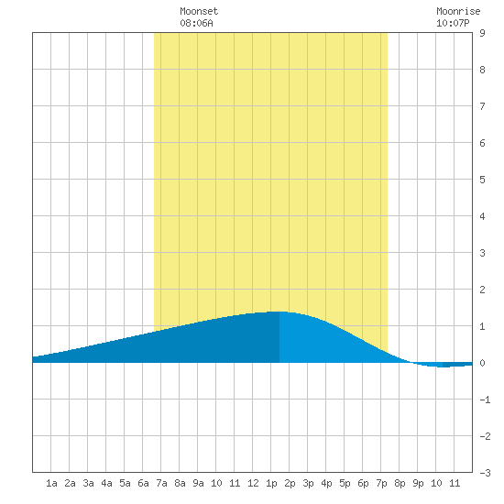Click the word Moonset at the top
click(199, 11)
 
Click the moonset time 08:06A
click(196, 23)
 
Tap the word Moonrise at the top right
click(458, 11)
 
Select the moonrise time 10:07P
click(453, 23)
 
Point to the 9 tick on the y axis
click(482, 33)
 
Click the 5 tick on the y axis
click(482, 180)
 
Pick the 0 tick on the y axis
click(482, 363)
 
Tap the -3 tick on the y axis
click(485, 473)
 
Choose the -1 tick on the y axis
click(485, 400)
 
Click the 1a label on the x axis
click(51, 483)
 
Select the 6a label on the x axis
click(143, 483)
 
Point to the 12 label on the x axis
click(253, 483)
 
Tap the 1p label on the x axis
click(271, 483)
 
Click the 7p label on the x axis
click(381, 483)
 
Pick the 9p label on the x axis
click(418, 483)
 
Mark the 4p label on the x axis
click(326, 483)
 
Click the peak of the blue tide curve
click(279, 312)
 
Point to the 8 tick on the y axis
click(482, 70)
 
